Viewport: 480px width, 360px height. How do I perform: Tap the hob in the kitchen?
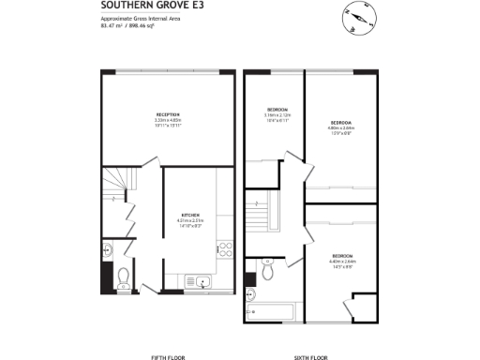point(224,250)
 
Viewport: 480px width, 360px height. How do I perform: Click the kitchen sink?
point(201,280)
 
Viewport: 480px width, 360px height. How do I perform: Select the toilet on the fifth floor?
point(124,276)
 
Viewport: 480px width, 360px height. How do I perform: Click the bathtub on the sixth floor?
point(271,309)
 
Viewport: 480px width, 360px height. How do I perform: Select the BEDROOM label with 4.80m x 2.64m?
point(340,123)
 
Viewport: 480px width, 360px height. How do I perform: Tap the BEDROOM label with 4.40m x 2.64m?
point(342,256)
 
